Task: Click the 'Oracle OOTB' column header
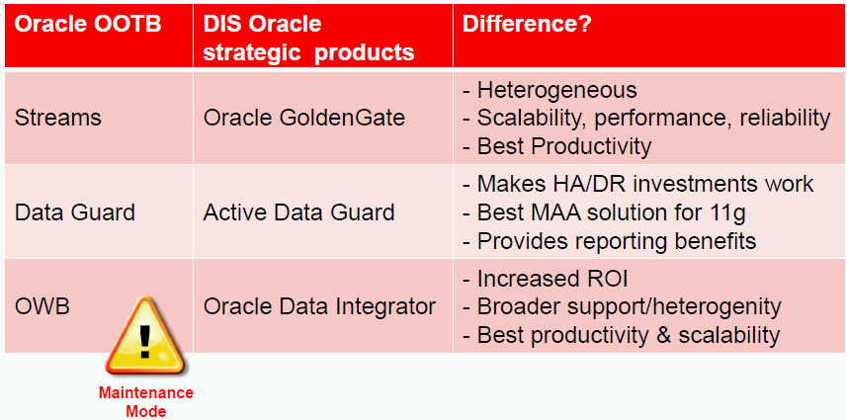88,25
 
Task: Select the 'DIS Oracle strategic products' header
309,39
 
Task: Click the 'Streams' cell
57,119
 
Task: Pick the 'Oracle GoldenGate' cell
304,119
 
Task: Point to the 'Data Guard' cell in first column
74,212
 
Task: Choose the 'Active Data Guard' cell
298,212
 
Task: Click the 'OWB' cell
42,306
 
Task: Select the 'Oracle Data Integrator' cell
319,306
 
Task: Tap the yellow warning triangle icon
144,336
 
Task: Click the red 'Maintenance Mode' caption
146,401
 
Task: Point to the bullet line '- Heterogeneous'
550,90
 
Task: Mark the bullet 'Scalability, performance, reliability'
653,119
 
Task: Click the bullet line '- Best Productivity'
556,146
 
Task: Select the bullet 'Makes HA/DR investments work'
645,184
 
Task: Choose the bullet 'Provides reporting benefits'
617,241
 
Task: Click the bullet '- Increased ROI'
546,279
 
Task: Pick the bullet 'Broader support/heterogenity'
629,307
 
